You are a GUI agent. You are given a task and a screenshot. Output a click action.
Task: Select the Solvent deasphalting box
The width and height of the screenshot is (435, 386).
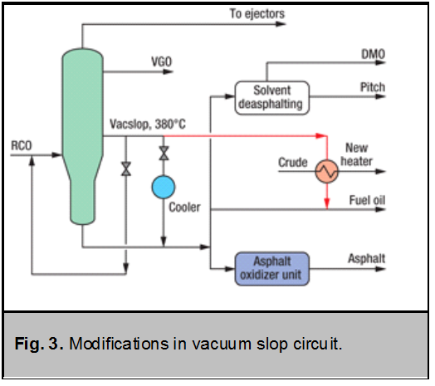coord(269,96)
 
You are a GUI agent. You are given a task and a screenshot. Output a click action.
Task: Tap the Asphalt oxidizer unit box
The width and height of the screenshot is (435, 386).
coord(271,267)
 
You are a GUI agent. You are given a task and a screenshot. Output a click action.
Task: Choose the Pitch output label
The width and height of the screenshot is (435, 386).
coord(373,87)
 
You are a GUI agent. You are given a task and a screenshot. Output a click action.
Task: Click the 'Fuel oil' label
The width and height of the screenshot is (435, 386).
coord(366,200)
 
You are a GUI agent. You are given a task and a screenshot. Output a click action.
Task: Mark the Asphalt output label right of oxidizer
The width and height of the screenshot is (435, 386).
coord(366,259)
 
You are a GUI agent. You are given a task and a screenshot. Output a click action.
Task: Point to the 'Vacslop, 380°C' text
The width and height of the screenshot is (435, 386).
coord(148,125)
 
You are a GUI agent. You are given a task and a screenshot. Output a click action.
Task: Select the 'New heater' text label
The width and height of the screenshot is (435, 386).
coord(359,155)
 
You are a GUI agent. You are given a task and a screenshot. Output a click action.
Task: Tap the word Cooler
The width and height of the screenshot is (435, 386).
coord(184,208)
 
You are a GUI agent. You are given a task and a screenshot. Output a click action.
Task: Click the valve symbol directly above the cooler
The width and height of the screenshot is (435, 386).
coord(164,154)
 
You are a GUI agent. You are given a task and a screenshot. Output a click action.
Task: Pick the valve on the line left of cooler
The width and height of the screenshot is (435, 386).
coord(125,169)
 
